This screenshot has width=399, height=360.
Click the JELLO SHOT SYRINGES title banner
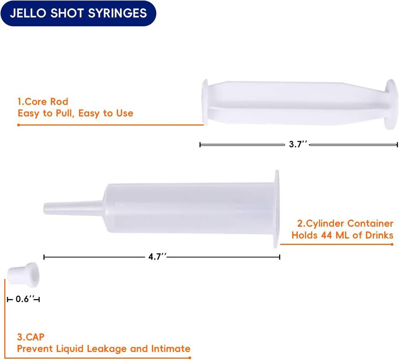click(79, 13)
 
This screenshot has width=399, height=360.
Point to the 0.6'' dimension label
click(25, 299)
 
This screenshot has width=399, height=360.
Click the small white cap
click(23, 274)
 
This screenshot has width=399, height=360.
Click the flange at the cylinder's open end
click(276, 209)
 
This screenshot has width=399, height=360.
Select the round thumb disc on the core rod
click(392, 104)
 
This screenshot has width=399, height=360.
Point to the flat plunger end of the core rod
click(204, 102)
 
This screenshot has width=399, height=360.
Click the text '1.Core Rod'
click(43, 101)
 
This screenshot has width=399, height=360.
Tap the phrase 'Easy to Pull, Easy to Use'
click(75, 113)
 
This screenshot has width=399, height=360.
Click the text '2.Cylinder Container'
click(345, 224)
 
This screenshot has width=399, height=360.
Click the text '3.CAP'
click(30, 337)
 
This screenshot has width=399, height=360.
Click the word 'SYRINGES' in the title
click(117, 13)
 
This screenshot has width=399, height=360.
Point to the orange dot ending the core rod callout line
click(18, 125)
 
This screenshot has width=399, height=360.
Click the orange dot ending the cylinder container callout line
click(392, 244)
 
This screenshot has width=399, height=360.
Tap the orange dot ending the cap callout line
click(190, 358)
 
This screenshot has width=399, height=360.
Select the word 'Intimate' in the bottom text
click(171, 348)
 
